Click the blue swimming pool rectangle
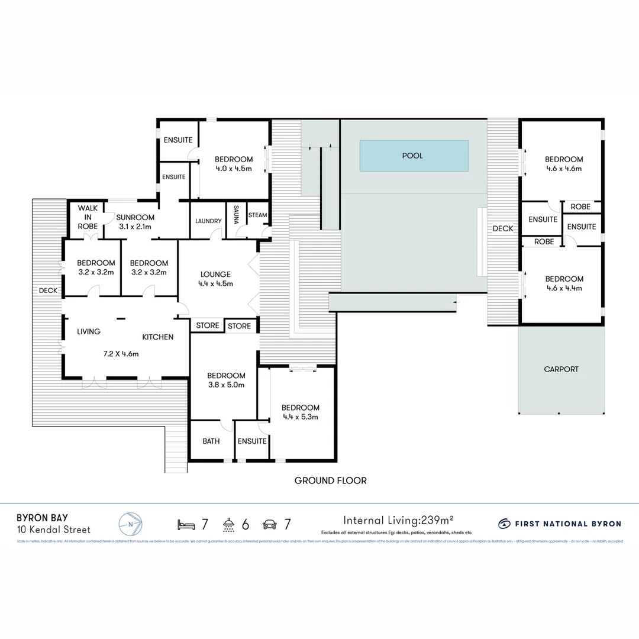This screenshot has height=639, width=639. (414, 156)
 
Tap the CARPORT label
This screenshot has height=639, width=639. (561, 369)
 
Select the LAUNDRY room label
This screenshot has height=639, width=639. (208, 221)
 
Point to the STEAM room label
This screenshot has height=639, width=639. (257, 215)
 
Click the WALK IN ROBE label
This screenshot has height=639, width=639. (88, 217)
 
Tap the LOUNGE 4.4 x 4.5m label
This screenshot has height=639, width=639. (215, 279)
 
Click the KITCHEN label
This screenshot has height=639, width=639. (157, 337)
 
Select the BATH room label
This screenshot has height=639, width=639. (211, 441)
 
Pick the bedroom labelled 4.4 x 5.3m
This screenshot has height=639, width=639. (300, 412)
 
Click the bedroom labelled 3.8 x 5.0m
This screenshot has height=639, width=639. (226, 380)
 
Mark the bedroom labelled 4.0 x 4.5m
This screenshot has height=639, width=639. (233, 164)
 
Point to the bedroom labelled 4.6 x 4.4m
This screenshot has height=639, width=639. (563, 283)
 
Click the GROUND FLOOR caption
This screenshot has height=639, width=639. (330, 480)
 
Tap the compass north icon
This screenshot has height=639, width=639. (130, 524)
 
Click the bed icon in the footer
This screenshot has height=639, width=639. (186, 524)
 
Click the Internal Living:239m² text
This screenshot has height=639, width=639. (398, 521)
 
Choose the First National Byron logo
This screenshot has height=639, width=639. (560, 524)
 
